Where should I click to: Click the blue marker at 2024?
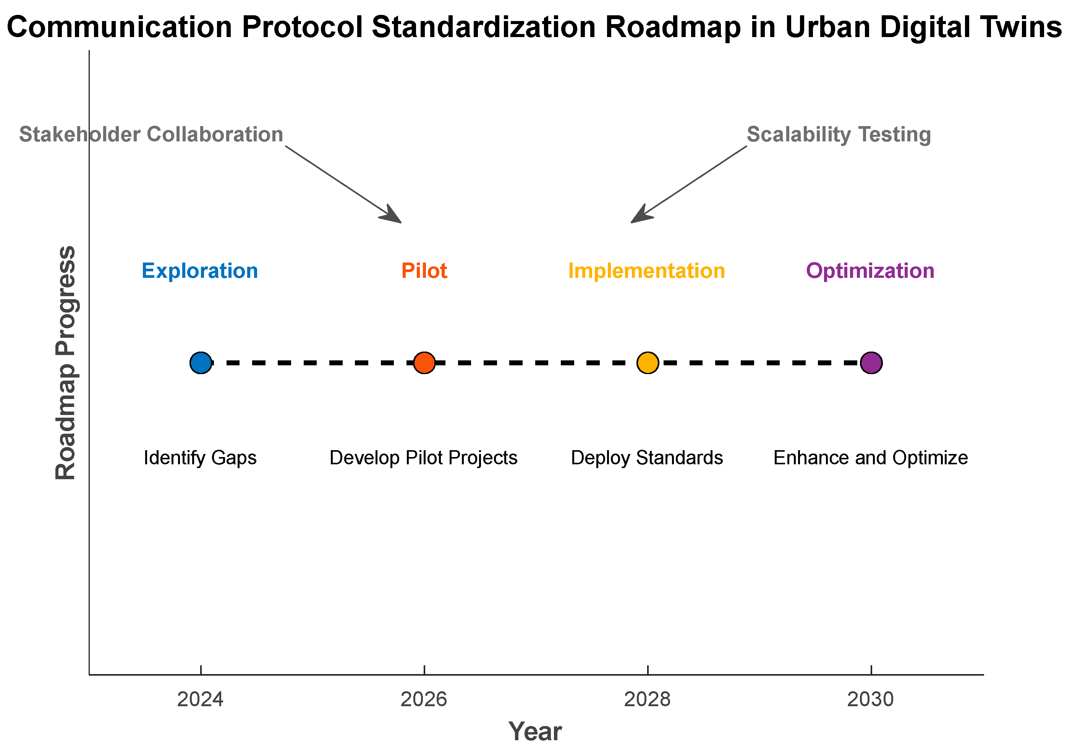coord(201,363)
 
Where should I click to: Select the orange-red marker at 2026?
coord(424,363)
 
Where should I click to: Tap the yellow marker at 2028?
coord(648,363)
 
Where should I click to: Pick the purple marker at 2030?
coord(871,363)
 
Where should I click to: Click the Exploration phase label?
coord(200,271)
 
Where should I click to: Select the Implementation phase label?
coord(647,271)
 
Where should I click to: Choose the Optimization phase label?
coord(870,271)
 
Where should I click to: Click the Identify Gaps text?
coord(200,458)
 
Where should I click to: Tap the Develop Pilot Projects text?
coord(423,458)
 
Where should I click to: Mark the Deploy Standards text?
coord(647,458)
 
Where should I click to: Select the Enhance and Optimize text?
coord(870,458)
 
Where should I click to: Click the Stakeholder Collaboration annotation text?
coord(151,135)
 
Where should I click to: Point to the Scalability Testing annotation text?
coord(839,135)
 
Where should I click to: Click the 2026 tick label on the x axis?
coord(424,700)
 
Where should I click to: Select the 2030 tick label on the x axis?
coord(870,700)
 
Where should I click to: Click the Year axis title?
coord(535,731)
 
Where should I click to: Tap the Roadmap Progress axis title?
coord(66,363)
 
